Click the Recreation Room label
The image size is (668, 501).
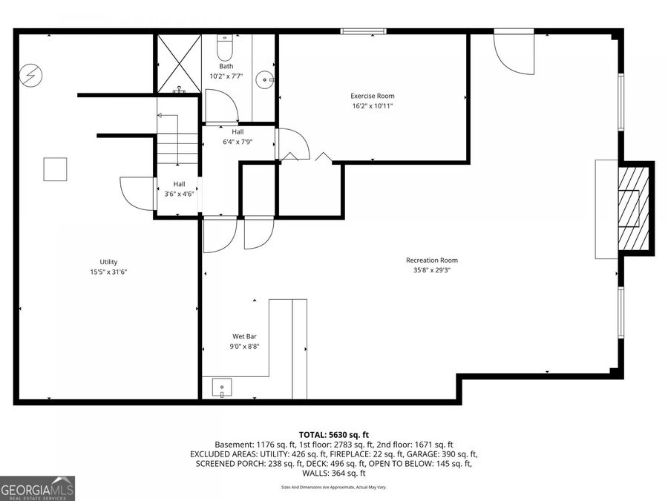(431, 261)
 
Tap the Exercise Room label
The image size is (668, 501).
(373, 96)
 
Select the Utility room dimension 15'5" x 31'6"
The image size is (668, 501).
(108, 272)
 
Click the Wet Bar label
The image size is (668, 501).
(245, 336)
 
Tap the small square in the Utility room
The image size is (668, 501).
(55, 169)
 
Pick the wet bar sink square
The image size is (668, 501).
(221, 387)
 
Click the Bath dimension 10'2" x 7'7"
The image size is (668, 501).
(226, 76)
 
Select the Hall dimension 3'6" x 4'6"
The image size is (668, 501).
(179, 194)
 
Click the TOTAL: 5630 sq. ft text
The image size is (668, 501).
(333, 434)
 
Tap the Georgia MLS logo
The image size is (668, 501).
(37, 488)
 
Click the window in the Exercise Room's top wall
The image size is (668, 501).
(363, 31)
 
